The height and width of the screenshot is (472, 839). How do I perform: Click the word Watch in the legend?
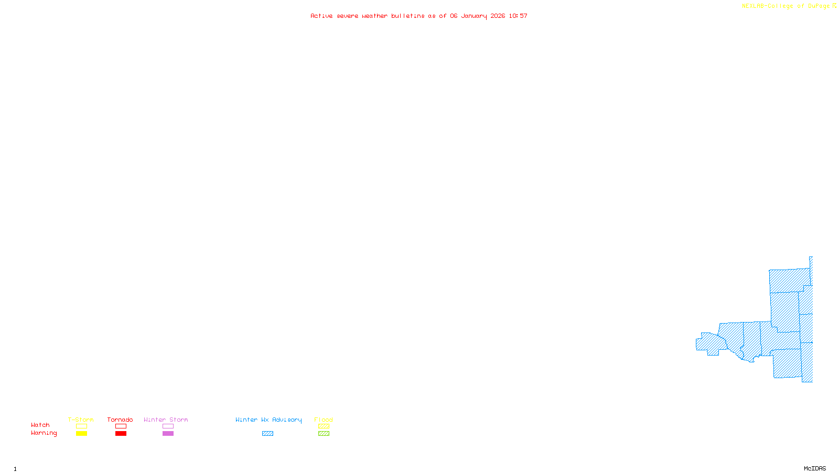[40, 425]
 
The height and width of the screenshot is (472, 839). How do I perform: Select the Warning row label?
[44, 433]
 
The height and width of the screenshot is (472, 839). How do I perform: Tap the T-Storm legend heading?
[81, 420]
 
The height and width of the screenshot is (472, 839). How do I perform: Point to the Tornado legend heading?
[120, 420]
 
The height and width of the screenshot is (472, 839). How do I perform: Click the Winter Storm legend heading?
[166, 420]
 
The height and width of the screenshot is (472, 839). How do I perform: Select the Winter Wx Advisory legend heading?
[268, 420]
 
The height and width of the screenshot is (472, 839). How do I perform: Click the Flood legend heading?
[324, 420]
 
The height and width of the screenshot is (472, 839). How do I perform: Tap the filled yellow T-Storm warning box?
[81, 434]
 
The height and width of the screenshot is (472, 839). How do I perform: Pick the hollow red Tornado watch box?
[121, 426]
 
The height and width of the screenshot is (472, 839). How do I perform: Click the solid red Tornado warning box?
[121, 434]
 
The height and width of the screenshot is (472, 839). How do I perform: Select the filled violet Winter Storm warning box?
[168, 434]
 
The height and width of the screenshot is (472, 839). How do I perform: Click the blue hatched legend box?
[267, 434]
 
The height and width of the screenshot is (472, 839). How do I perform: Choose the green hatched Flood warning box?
[324, 434]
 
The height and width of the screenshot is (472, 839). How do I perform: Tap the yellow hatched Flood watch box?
[324, 426]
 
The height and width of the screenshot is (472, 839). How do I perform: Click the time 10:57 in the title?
[518, 16]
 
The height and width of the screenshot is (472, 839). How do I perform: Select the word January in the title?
[474, 16]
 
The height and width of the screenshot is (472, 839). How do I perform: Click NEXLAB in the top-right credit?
[753, 6]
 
